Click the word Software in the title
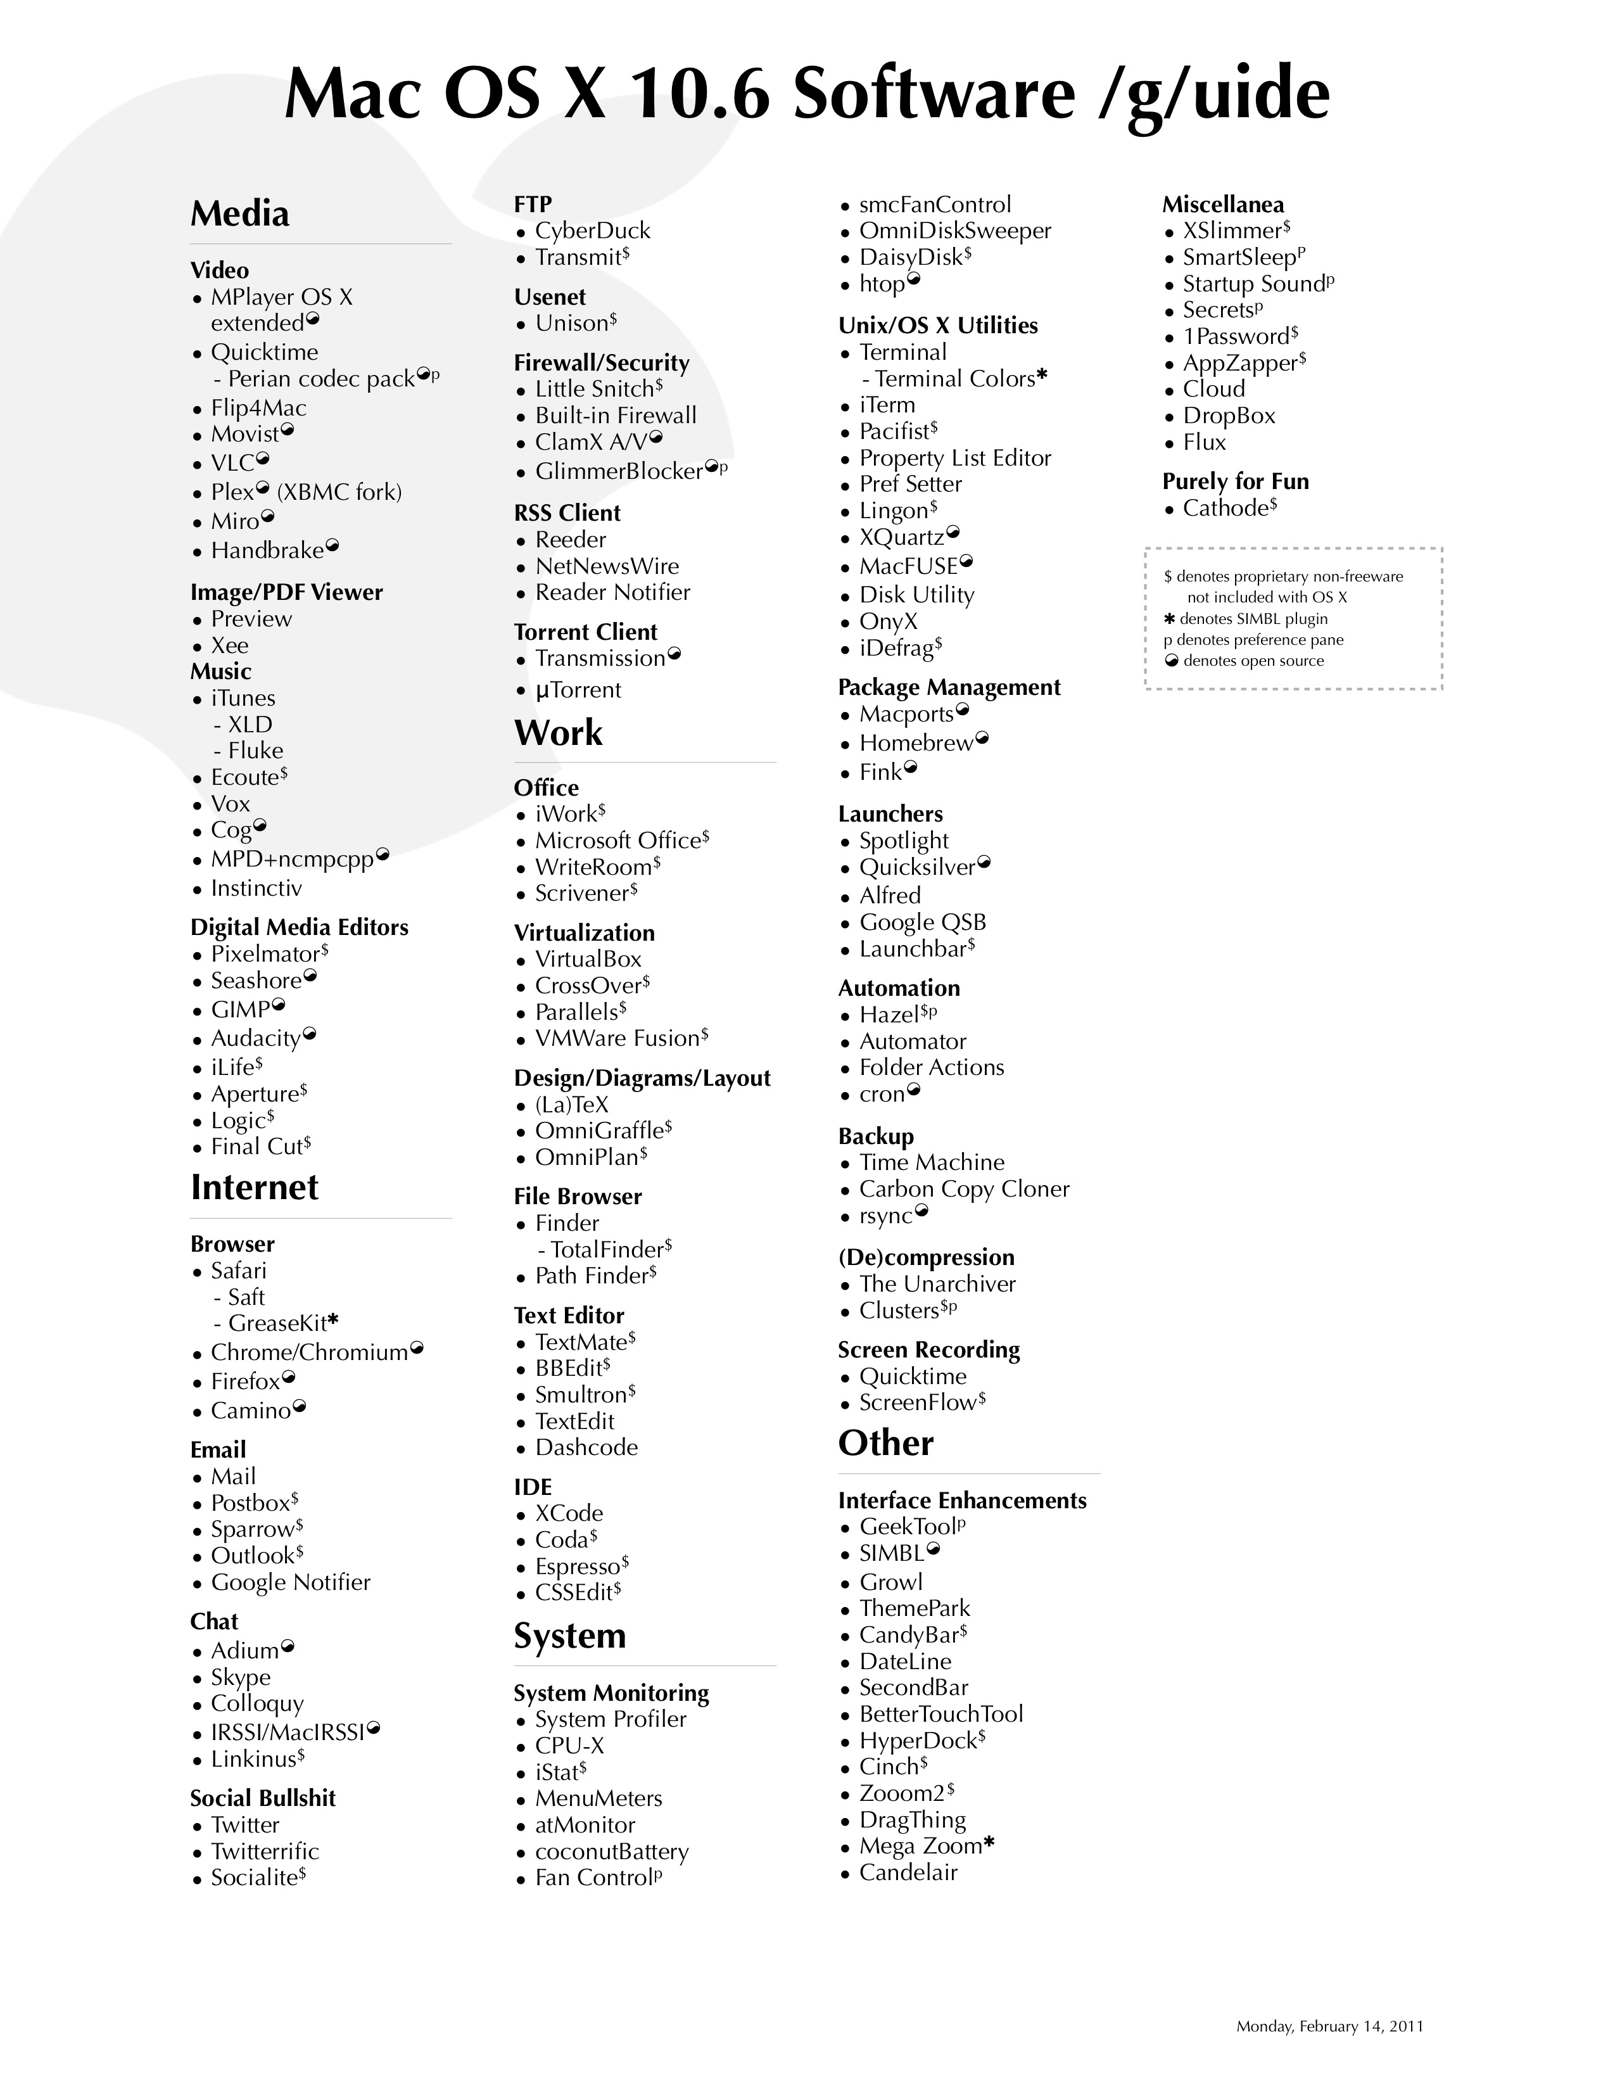(934, 95)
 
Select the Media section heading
(239, 213)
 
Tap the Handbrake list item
(267, 550)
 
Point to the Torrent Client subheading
(585, 632)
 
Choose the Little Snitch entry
(593, 389)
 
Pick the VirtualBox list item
(588, 959)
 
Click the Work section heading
(558, 734)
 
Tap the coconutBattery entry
(611, 1852)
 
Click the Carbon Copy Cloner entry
(963, 1189)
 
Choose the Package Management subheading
(949, 687)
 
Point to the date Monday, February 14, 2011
(1329, 2026)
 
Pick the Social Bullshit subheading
(262, 1798)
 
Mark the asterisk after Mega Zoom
(989, 1844)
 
